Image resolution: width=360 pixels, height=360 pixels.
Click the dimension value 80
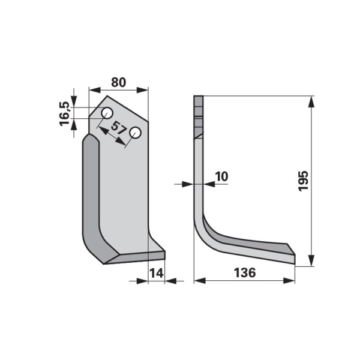(118, 82)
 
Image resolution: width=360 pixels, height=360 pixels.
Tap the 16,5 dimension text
(65, 113)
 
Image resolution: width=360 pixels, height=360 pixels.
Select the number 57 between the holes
(118, 128)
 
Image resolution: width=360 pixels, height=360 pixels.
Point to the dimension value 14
(157, 273)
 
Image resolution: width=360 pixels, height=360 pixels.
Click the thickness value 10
(221, 176)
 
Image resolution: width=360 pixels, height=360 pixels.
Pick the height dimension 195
(303, 181)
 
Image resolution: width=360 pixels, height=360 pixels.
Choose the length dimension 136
(245, 272)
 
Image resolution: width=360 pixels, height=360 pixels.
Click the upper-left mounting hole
(107, 113)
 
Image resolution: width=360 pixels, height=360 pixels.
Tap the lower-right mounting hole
(135, 133)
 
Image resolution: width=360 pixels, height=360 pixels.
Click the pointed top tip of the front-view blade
(107, 96)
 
